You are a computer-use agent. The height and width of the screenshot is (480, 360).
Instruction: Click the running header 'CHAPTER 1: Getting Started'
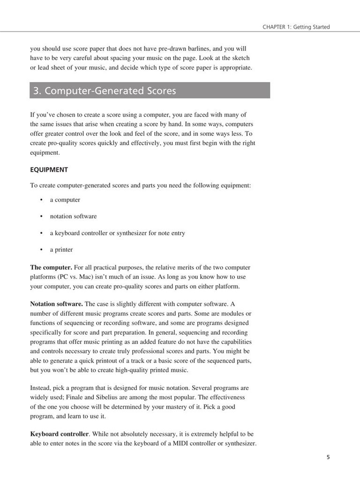(x=296, y=27)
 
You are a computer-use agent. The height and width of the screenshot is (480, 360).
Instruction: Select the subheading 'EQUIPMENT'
(x=49, y=170)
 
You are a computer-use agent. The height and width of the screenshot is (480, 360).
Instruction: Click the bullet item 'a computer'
(x=65, y=200)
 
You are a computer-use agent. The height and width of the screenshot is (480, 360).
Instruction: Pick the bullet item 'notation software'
(x=73, y=216)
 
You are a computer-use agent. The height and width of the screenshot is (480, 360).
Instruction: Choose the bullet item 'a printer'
(x=61, y=249)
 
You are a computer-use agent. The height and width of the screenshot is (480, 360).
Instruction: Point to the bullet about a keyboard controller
(x=117, y=233)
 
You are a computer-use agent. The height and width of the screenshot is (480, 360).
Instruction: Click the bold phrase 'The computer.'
(x=51, y=267)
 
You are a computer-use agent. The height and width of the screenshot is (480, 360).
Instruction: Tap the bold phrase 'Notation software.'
(x=56, y=304)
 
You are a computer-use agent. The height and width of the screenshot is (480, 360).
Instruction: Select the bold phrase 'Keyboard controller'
(x=59, y=434)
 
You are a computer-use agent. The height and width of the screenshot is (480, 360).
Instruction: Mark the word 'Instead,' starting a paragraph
(x=41, y=388)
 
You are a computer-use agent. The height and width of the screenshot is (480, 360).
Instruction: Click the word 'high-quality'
(x=137, y=370)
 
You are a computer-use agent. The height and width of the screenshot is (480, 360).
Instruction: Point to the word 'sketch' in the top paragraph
(x=240, y=58)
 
